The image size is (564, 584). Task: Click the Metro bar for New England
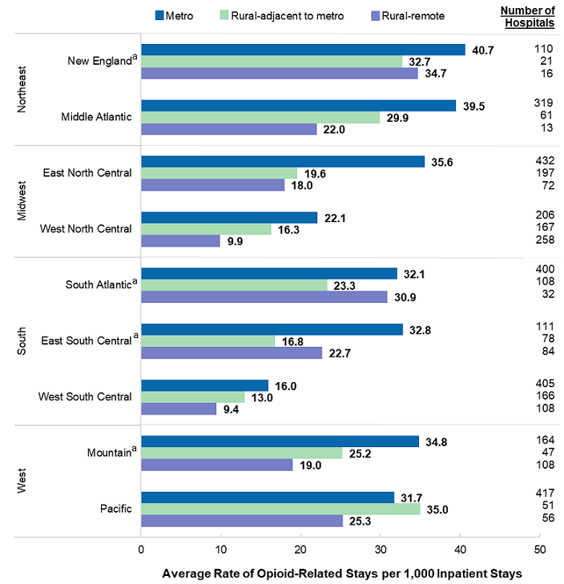303,50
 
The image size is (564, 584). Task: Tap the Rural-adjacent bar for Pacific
280,509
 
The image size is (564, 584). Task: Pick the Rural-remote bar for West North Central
180,241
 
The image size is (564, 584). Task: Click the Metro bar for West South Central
205,385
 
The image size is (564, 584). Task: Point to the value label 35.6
445,162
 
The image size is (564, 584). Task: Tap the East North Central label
87,173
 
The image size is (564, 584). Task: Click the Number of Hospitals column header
527,16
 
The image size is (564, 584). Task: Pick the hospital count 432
543,161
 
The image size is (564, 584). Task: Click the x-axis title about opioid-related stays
342,574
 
